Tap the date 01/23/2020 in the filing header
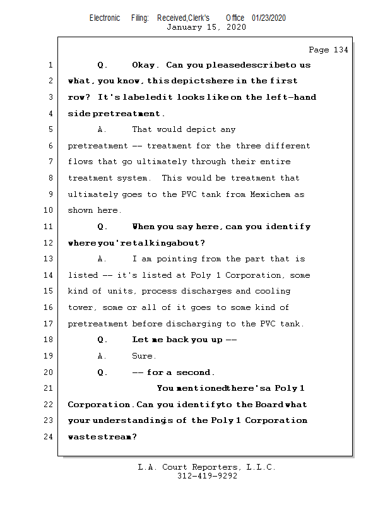coord(269,18)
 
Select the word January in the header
coord(184,27)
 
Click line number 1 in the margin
coord(50,65)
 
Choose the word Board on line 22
coord(269,404)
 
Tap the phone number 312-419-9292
coord(207,477)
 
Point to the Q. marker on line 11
coord(102,227)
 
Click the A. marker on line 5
coord(102,129)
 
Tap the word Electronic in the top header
coord(105,18)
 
